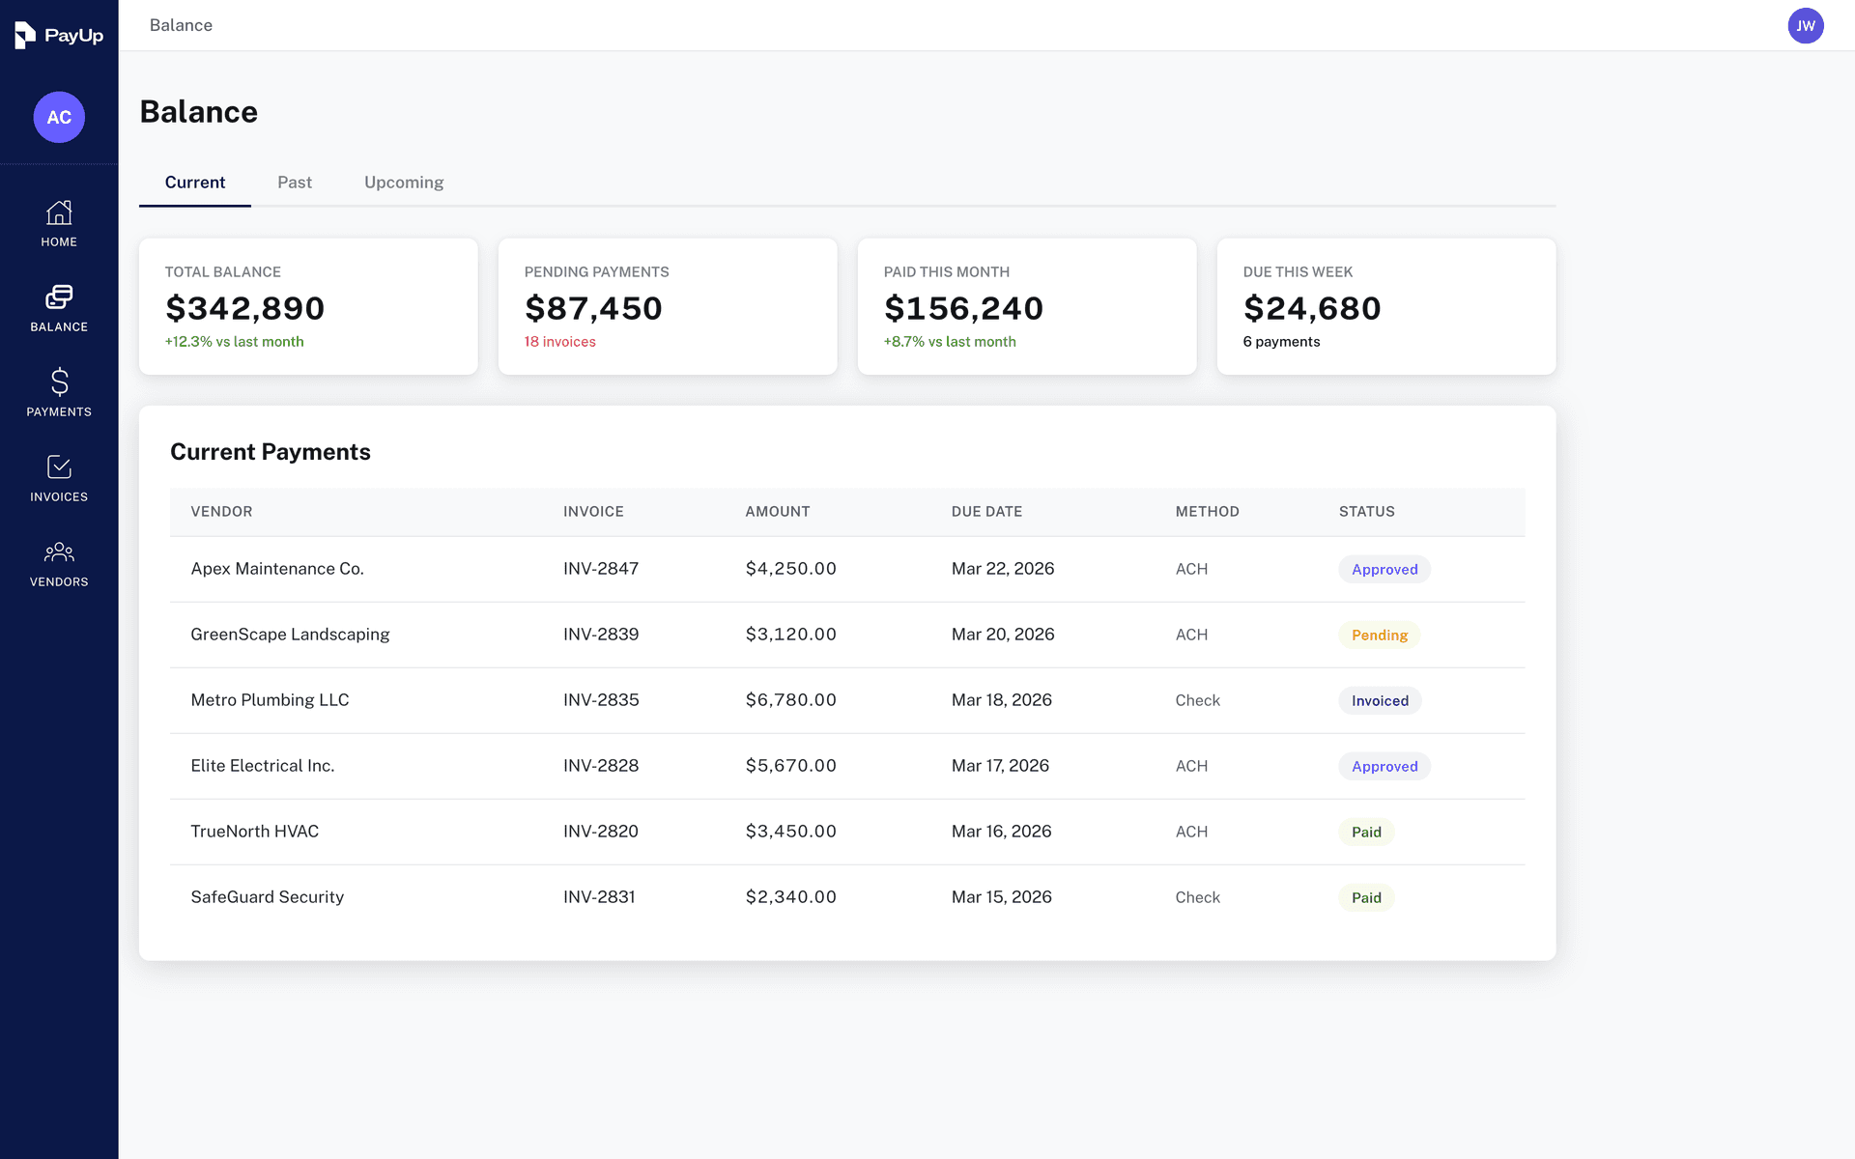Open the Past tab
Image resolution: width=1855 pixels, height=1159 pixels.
295,183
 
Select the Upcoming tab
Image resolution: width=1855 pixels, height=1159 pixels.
404,183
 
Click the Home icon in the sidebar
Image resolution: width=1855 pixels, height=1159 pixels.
59,213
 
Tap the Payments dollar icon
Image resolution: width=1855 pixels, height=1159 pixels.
59,382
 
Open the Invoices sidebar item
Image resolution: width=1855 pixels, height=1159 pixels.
59,479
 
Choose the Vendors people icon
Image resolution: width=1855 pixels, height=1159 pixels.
59,552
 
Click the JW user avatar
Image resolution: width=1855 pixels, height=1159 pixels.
1805,26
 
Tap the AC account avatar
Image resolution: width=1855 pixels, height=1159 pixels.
59,117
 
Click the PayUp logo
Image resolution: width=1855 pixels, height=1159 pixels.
59,36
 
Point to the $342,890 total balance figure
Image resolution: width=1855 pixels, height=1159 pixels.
245,308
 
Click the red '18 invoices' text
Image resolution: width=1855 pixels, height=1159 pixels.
559,342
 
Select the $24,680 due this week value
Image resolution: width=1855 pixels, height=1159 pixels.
1312,308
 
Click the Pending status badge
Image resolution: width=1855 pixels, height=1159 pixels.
1379,636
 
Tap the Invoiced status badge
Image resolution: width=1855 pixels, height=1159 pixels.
1380,701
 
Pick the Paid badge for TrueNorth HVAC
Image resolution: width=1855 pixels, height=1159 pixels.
1366,833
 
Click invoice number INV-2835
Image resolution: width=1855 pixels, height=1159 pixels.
601,700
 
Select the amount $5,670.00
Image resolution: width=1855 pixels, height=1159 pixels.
790,766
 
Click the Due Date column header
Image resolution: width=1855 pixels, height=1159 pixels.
986,512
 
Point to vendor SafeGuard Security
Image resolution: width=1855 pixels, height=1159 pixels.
268,897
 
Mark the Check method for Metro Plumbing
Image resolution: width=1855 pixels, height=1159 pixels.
1197,700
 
